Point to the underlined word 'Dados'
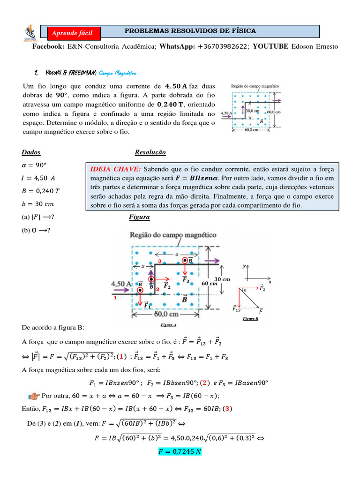pyautogui.click(x=31, y=152)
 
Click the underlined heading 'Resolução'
pyautogui.click(x=150, y=152)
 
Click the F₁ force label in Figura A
pyautogui.click(x=147, y=305)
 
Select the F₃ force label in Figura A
pyautogui.click(x=186, y=280)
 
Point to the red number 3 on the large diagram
pyautogui.click(x=160, y=260)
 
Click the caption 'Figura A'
pyautogui.click(x=168, y=324)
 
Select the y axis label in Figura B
pyautogui.click(x=244, y=266)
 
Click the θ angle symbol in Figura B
pyautogui.click(x=244, y=290)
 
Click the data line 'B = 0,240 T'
pyautogui.click(x=41, y=190)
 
